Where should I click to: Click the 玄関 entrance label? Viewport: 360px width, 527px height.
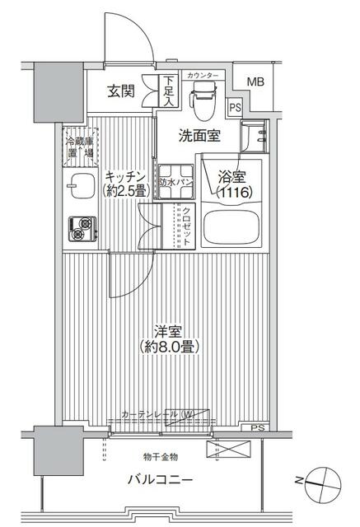coord(119,91)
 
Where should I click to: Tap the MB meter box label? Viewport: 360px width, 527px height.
coord(256,82)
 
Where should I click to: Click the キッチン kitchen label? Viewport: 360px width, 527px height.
coord(125,175)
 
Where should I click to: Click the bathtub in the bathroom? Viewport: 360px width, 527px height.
coord(231,228)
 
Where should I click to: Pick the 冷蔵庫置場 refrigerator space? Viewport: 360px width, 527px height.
coord(80,147)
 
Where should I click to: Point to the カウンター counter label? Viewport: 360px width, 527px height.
coord(203,76)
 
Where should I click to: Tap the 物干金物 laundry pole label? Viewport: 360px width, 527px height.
coord(160,456)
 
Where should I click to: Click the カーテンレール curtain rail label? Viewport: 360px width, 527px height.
coord(157,414)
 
